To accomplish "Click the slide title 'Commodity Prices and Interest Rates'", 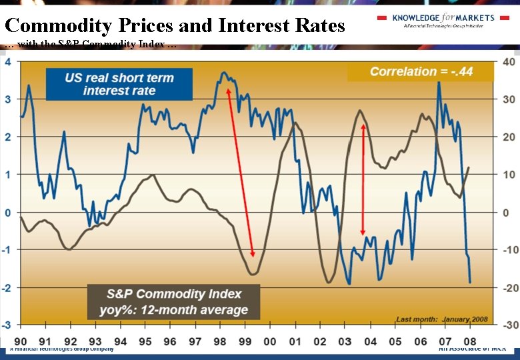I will point(175,26).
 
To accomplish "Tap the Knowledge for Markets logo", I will point(443,21).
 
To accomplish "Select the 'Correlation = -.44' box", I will point(421,71).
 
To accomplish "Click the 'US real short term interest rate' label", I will point(119,84).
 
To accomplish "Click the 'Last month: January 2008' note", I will point(442,319).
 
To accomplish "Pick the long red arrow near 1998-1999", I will point(240,173).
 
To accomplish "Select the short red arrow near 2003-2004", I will point(363,179).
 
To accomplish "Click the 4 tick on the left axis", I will point(7,62).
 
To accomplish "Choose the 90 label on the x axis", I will point(21,341).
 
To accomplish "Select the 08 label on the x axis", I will point(470,341).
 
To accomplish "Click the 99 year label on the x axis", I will point(245,341).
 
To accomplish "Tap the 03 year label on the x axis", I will point(345,341).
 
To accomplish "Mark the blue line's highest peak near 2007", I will point(439,83).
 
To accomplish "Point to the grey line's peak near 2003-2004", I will point(360,111).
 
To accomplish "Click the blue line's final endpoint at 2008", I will point(470,282).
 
